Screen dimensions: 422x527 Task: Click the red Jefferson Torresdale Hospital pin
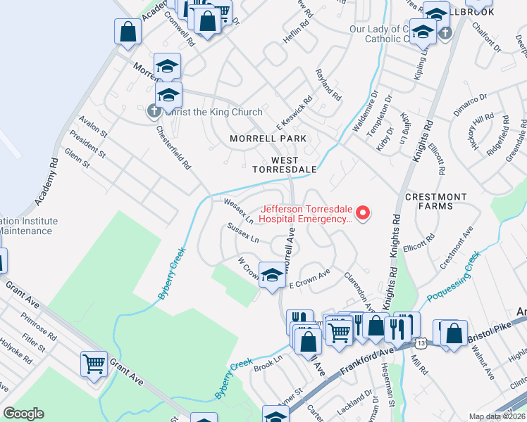363,213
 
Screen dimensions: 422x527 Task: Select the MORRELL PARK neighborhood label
268,139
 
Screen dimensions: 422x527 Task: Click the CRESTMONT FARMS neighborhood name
435,202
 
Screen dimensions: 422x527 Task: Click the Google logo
23,414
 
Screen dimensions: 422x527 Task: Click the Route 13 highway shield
421,343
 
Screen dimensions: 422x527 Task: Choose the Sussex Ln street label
243,234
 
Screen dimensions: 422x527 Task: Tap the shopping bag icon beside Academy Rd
128,32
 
